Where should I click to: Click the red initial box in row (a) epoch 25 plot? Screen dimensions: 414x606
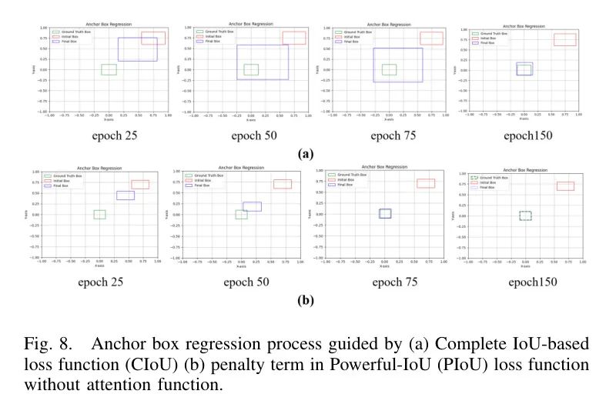[152, 38]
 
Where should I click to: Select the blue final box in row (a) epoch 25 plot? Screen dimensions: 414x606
[137, 49]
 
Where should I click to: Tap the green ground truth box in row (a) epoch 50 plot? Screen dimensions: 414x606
[251, 69]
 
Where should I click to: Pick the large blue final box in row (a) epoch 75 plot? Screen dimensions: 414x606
[398, 65]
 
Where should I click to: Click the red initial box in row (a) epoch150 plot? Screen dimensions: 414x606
[564, 39]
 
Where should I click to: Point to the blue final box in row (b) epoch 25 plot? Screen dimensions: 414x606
[126, 195]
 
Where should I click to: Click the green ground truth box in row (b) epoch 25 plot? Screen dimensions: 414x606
[99, 214]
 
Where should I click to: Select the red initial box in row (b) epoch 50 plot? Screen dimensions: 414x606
[283, 184]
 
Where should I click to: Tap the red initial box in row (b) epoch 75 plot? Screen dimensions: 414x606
[426, 183]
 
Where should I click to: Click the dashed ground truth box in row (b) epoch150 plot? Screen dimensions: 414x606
[525, 215]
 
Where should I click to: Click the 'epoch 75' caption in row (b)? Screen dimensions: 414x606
[395, 282]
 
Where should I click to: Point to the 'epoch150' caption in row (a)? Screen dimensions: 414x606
[528, 136]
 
